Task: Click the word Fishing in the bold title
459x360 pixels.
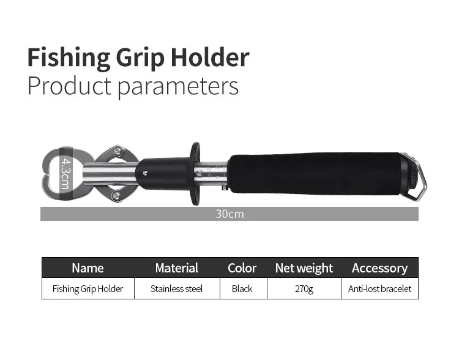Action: coord(69,58)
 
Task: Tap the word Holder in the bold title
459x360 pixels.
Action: coord(210,57)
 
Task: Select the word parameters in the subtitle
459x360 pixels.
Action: coord(178,86)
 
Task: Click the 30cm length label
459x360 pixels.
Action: coord(229,214)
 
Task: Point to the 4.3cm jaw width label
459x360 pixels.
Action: coord(66,173)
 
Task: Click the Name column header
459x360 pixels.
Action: coord(88,268)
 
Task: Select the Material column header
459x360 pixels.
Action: coord(177,268)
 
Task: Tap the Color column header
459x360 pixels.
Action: coord(242,268)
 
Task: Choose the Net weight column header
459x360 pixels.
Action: coord(304,268)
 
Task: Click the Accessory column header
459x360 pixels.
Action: coord(379,269)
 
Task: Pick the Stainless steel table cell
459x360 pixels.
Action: coord(176,289)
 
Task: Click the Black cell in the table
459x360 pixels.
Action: coord(242,289)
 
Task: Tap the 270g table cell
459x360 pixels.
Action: coord(304,289)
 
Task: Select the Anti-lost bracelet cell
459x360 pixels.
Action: coord(379,289)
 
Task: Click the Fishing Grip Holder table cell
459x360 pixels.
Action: coord(88,289)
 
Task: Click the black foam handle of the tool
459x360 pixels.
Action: coord(315,173)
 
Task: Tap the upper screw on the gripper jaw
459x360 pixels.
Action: coord(118,151)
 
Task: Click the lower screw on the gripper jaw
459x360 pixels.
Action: coord(116,196)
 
